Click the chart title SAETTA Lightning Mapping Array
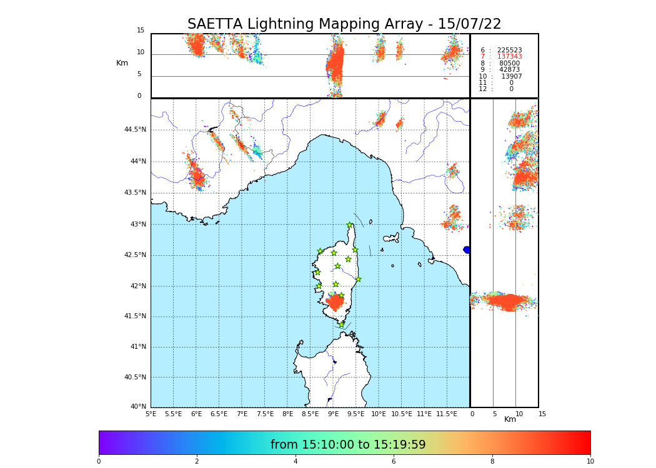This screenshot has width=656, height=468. click(344, 24)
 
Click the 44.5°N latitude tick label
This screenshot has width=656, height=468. click(134, 130)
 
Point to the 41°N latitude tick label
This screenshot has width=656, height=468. click(137, 347)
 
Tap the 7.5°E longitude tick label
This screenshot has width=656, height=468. click(265, 414)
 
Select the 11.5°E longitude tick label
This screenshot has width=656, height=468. click(447, 414)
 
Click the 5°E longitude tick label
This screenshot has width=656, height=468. click(151, 414)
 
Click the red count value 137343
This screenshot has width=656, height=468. click(509, 57)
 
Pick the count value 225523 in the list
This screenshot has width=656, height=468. click(509, 50)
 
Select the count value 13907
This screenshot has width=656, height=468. click(511, 76)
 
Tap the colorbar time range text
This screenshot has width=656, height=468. click(348, 445)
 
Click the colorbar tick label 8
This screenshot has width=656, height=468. click(492, 462)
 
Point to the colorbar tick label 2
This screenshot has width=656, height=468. click(197, 462)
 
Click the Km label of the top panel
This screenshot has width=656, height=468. click(122, 63)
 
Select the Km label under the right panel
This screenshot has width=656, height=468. click(510, 419)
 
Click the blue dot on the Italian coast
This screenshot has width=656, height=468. click(467, 250)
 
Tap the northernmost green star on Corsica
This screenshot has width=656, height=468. click(350, 225)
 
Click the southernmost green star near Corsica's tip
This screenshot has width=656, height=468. click(341, 324)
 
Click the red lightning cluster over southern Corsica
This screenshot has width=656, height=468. click(335, 303)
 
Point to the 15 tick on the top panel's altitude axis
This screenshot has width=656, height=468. click(141, 31)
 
